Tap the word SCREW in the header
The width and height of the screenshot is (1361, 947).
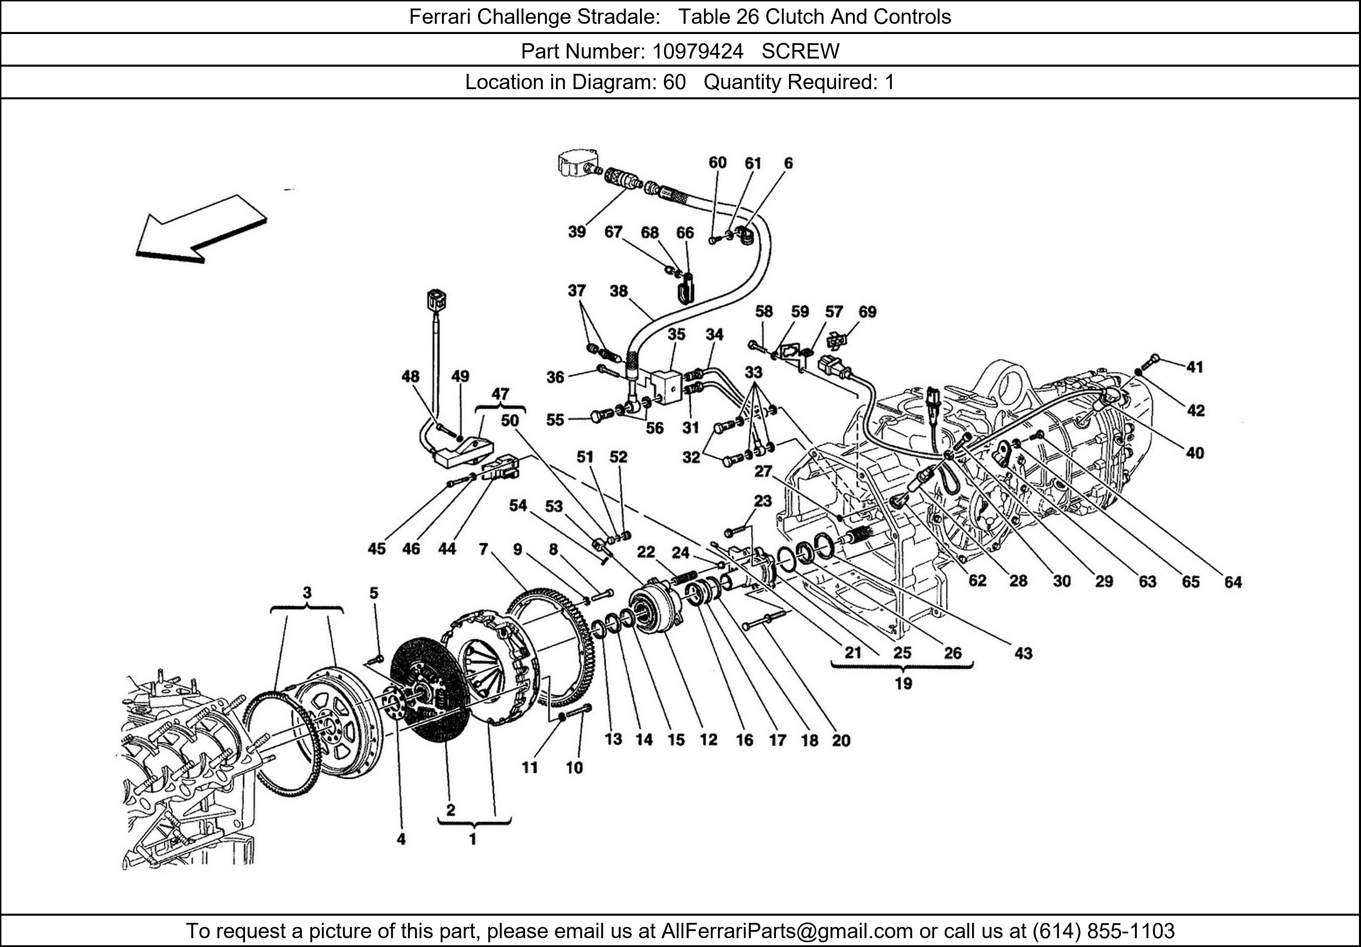tap(800, 52)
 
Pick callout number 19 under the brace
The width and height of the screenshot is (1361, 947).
tap(903, 684)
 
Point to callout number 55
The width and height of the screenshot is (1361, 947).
tap(555, 419)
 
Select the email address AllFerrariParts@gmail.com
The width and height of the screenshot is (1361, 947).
tap(787, 931)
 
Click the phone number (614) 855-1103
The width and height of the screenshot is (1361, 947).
tap(1103, 931)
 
